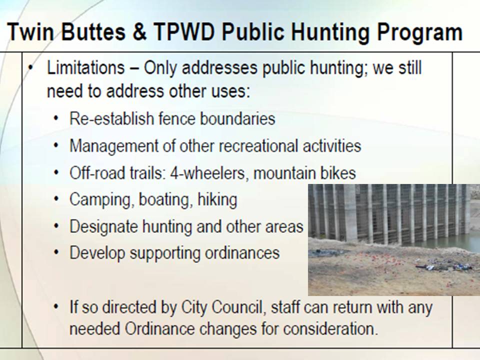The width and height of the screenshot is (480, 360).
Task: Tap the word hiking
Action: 217,200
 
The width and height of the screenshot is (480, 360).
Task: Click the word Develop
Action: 97,253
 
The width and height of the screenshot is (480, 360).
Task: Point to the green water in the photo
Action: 467,243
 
